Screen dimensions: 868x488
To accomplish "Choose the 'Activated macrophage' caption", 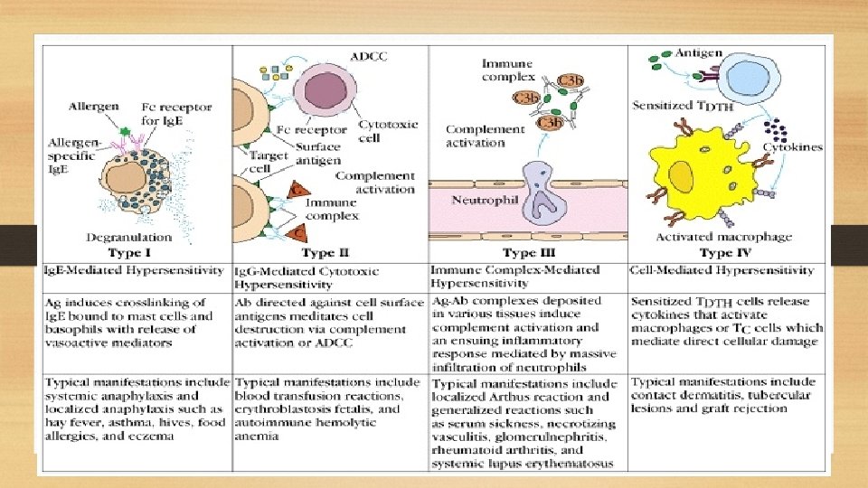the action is [x=722, y=238].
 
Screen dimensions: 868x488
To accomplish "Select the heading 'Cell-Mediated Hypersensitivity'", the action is [x=722, y=270].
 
